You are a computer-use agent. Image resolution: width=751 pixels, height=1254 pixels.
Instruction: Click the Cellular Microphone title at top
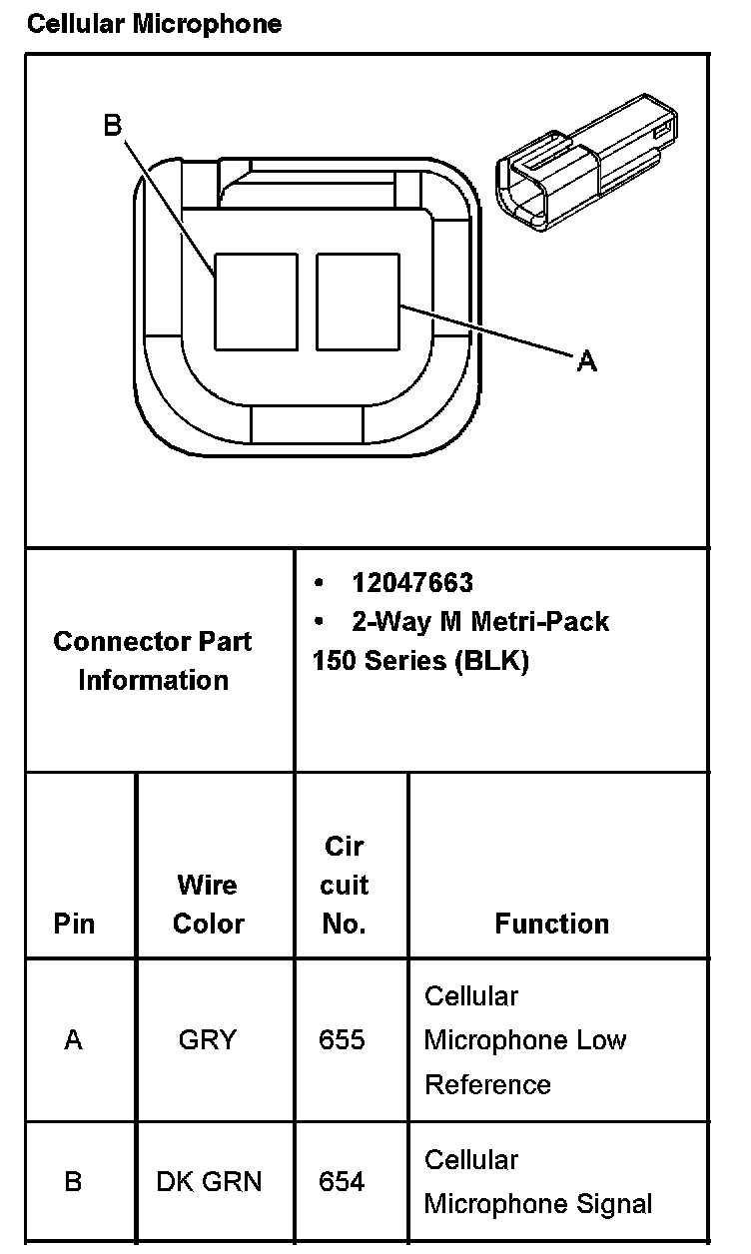[154, 23]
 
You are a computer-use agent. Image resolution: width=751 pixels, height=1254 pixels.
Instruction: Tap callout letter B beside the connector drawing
[112, 125]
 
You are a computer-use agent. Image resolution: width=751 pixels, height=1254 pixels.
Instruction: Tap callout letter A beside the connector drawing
[587, 360]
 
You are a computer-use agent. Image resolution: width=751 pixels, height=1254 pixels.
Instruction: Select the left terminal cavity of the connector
[256, 302]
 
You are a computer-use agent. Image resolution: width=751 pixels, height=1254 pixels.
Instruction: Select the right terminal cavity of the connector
[358, 302]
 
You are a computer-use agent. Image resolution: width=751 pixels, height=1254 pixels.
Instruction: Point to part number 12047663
[411, 582]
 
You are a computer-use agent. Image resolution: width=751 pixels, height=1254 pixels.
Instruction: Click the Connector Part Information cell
[153, 660]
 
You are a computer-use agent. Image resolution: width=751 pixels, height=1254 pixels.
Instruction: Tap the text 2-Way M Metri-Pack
[479, 621]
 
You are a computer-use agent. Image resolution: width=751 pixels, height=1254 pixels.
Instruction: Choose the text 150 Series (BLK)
[419, 661]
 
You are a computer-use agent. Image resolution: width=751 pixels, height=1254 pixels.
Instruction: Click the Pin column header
[74, 924]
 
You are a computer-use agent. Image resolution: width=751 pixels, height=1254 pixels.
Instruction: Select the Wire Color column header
[208, 904]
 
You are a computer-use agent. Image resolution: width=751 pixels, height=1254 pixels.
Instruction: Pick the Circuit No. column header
[345, 885]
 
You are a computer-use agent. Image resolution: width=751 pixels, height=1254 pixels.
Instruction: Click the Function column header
[551, 924]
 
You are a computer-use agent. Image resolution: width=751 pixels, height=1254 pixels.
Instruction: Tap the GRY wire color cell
[208, 1040]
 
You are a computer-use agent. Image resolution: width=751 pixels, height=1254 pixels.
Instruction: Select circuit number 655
[342, 1040]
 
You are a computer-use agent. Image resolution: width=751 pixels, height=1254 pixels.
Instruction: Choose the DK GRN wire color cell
[209, 1182]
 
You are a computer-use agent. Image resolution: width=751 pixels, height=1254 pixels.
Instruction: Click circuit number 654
[342, 1182]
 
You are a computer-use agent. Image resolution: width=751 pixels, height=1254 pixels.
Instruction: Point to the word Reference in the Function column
[487, 1084]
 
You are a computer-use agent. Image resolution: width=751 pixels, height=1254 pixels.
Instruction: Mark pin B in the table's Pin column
[73, 1182]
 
